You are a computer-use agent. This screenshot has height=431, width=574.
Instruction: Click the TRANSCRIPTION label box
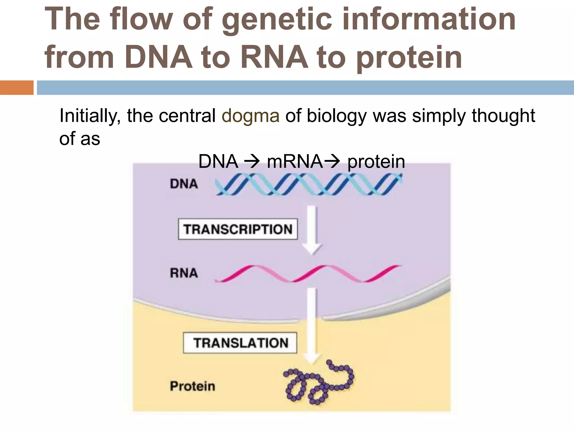tap(238, 229)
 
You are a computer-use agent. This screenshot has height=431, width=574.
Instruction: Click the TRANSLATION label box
tap(240, 343)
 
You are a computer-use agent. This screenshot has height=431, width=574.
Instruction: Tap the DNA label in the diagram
tap(184, 184)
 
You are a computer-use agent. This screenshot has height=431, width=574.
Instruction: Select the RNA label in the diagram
tap(184, 273)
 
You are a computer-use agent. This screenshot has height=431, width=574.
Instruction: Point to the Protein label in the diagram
tap(193, 386)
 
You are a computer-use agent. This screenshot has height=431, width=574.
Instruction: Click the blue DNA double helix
tap(308, 184)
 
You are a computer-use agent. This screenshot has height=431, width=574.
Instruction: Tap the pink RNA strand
tap(308, 273)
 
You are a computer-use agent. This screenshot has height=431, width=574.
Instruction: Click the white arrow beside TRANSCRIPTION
tap(312, 230)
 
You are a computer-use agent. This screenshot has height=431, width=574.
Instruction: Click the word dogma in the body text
tap(251, 116)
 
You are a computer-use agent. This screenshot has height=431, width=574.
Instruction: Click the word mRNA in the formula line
tap(295, 162)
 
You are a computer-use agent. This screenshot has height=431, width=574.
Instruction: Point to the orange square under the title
tap(17, 88)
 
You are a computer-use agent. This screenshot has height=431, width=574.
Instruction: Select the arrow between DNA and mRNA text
tap(252, 162)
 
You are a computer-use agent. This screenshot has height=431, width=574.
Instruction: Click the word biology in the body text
tap(336, 116)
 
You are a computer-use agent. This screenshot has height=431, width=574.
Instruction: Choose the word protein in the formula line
tap(376, 162)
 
